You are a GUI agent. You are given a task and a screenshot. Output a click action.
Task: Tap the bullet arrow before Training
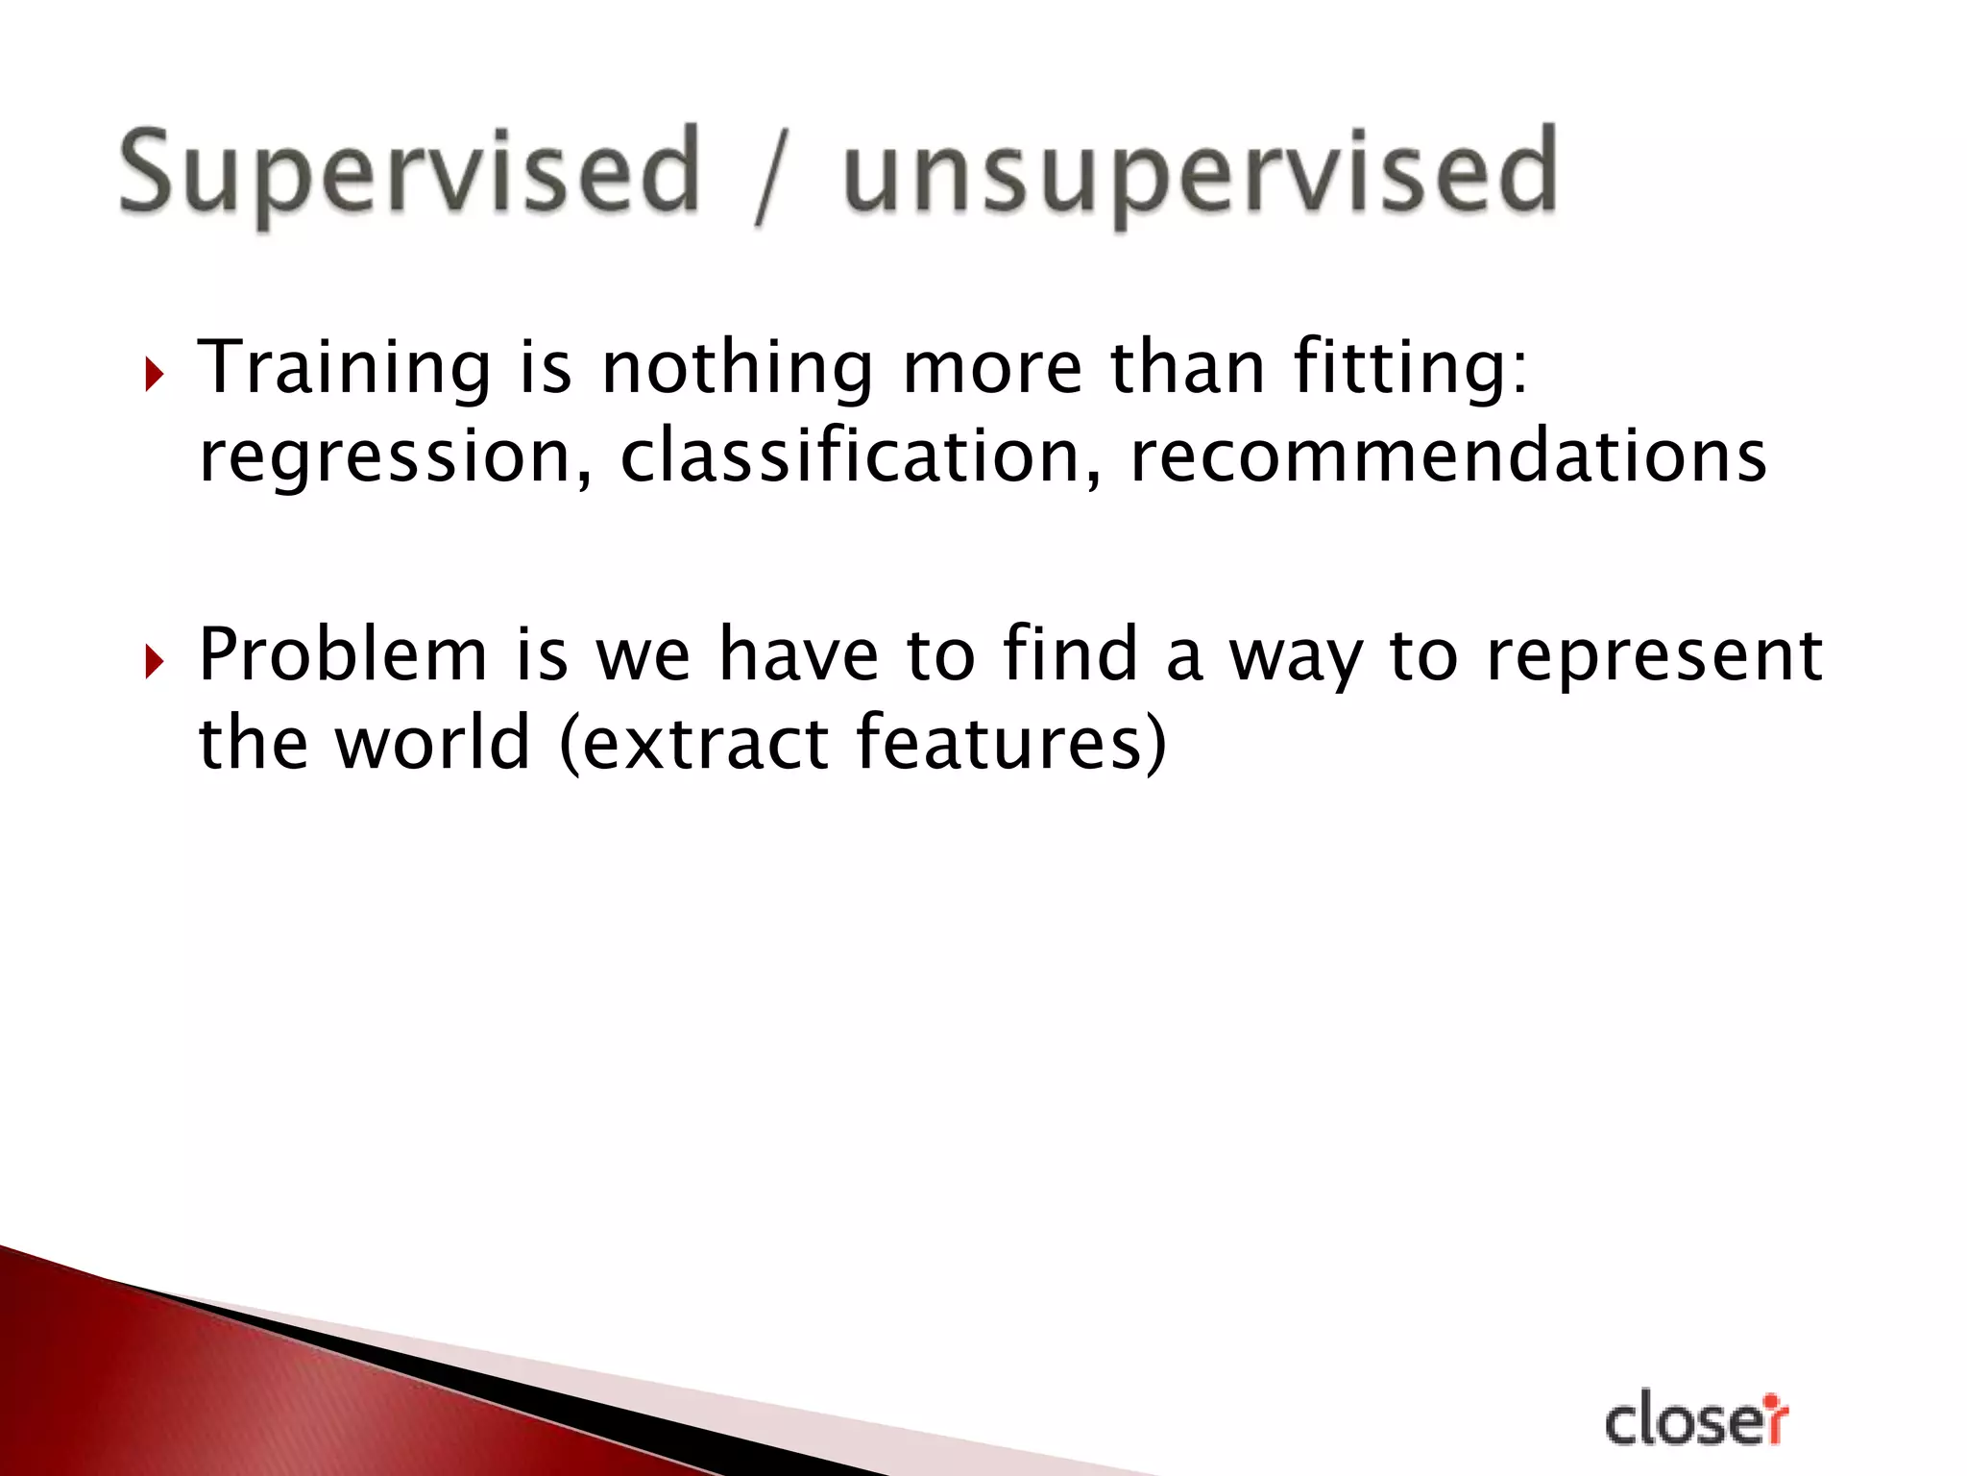click(154, 374)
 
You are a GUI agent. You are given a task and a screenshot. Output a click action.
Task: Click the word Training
click(344, 370)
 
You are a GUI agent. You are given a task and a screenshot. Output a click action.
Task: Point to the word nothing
click(737, 370)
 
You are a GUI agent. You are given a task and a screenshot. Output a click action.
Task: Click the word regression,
click(395, 459)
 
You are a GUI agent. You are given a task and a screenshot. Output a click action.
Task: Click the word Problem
click(343, 655)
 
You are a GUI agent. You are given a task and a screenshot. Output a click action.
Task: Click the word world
click(432, 742)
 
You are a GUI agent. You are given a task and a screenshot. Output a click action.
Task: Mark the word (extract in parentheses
click(693, 743)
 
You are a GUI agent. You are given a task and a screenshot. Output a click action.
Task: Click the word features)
click(1010, 743)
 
